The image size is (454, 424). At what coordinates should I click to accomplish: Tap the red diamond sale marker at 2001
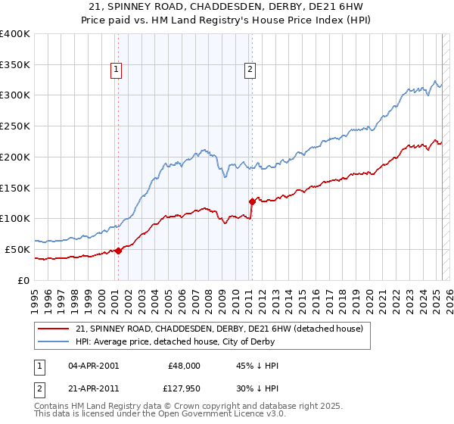118,251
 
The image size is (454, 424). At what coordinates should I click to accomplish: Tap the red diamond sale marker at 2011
252,201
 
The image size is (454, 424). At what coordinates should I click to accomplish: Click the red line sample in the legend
53,329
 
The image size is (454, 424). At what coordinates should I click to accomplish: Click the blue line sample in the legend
53,341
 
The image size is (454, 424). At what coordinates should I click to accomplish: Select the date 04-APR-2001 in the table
93,365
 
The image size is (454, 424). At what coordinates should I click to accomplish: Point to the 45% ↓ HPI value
258,365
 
